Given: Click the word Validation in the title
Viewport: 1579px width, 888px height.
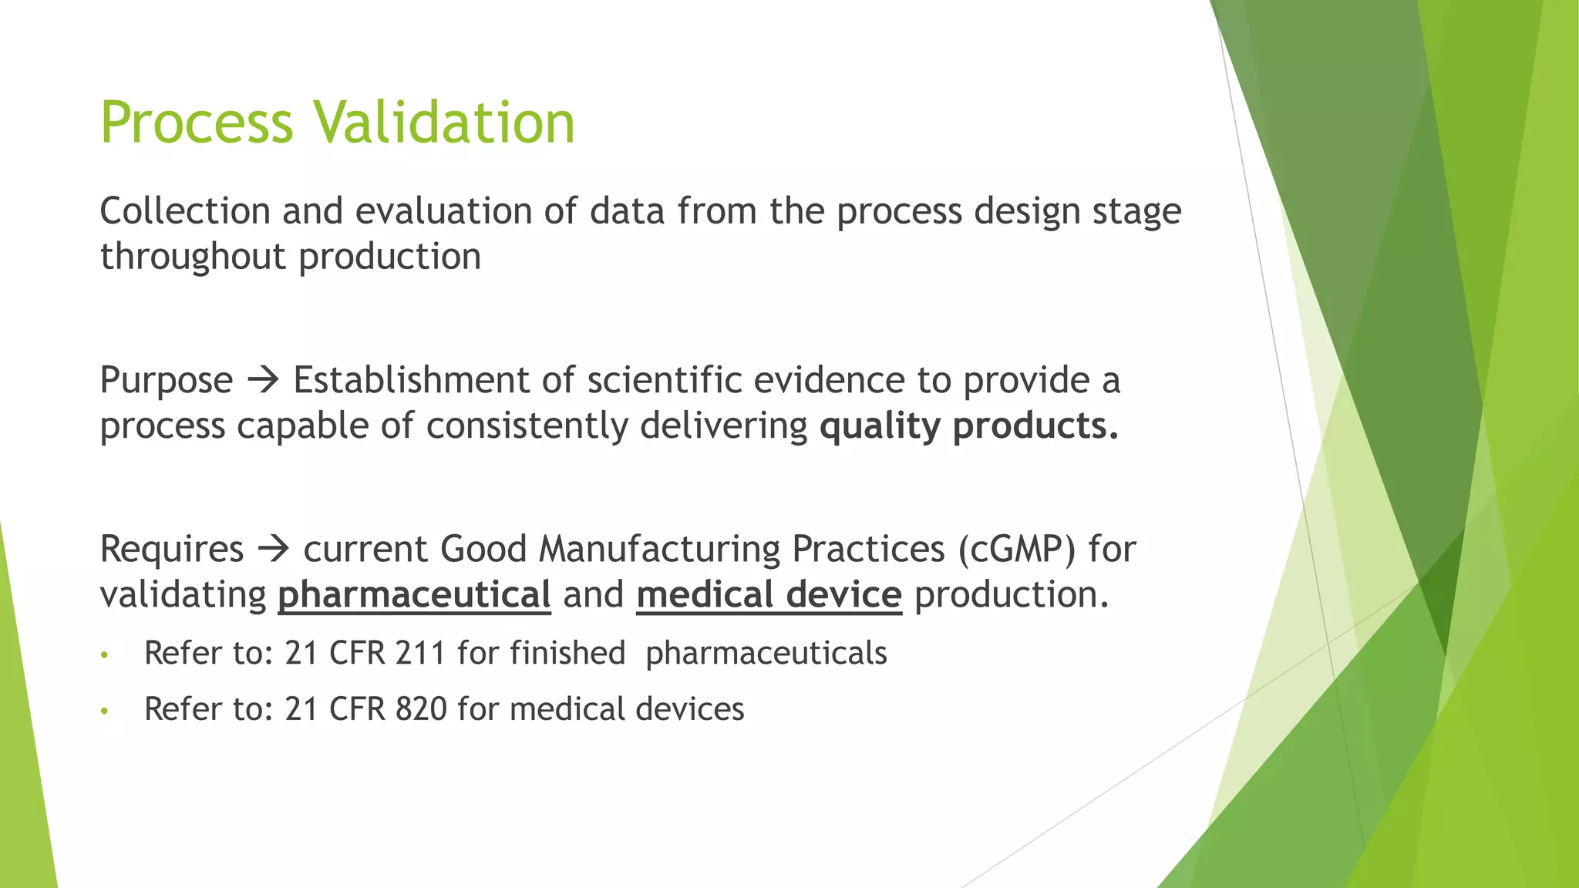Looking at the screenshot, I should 444,123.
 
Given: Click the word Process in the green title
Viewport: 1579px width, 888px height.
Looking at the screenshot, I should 197,123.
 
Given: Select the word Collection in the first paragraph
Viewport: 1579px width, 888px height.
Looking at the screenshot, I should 185,211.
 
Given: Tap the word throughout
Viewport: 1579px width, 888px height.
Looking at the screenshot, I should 193,257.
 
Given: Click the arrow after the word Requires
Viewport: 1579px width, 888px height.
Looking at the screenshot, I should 273,550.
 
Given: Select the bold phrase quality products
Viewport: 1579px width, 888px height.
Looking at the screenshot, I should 968,426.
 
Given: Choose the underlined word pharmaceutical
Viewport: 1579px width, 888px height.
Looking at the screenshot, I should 414,595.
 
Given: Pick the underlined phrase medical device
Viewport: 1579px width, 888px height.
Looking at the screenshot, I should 769,595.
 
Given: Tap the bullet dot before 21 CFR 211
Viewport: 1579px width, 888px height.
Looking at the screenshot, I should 105,656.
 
